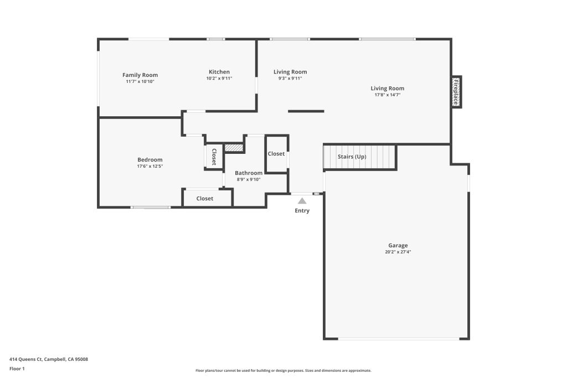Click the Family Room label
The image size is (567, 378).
point(140,75)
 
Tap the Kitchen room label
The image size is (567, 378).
point(219,72)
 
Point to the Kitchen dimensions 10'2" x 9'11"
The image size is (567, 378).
point(219,79)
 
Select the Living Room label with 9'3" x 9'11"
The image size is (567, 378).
point(290,72)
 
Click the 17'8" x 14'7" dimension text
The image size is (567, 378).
point(387,95)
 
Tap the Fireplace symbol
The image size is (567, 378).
point(456,91)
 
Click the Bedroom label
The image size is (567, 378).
point(150,160)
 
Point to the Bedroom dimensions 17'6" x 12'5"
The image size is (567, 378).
point(150,166)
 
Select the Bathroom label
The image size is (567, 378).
point(249,173)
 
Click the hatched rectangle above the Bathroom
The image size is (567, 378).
point(234,148)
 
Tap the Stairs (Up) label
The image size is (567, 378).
point(352,157)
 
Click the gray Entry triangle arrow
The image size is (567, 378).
point(302,201)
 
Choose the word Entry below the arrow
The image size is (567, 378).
point(302,211)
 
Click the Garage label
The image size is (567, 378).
point(398,245)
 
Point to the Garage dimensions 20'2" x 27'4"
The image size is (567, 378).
point(398,252)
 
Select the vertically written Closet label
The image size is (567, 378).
point(214,157)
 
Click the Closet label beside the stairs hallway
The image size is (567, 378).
point(276,154)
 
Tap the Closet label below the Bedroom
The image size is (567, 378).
point(205,198)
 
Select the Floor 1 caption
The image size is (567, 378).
point(17,369)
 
